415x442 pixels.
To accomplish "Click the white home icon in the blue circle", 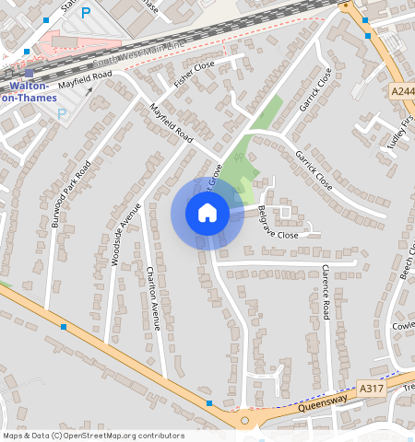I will (x=207, y=214).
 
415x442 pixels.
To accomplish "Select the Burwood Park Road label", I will (x=71, y=195).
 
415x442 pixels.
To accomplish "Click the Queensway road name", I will (x=323, y=402).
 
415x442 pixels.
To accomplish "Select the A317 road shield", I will (x=371, y=390).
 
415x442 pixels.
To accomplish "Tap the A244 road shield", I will (x=402, y=92).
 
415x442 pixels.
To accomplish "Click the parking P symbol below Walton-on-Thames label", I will (x=63, y=114).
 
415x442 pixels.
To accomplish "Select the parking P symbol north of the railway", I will (x=86, y=13).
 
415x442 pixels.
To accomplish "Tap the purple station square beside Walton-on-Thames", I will (x=30, y=73).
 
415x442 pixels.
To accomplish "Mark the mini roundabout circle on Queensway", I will (x=244, y=421).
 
